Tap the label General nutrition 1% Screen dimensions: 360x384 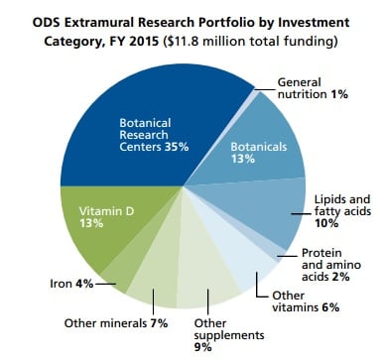point(308,88)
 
